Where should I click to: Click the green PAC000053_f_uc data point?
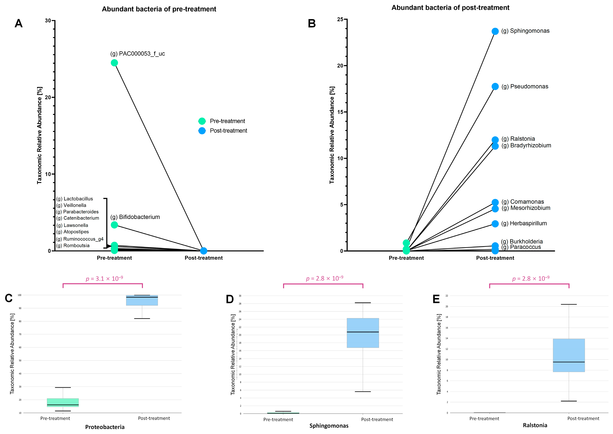114,63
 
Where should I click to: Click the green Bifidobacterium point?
114,225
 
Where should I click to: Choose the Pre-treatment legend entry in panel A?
227,121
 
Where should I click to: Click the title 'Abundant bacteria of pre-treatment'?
159,9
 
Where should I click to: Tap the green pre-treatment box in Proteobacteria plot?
63,402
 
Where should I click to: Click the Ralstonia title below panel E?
535,425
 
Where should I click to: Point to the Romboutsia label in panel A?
73,246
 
